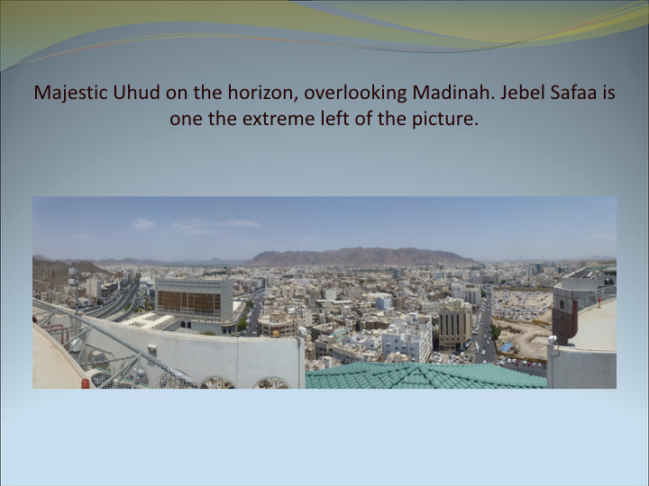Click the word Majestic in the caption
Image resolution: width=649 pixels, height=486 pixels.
70,92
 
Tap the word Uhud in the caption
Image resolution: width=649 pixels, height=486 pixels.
137,92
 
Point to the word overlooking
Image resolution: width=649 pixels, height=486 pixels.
355,93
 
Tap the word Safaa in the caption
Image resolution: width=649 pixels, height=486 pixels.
573,92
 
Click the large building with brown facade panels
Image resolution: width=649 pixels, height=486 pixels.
194,300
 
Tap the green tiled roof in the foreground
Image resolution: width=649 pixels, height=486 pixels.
425,375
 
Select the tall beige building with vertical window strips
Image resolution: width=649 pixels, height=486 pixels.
455,324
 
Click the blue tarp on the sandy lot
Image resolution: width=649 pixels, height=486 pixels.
506,347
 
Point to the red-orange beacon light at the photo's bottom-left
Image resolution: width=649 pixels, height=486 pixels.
86,383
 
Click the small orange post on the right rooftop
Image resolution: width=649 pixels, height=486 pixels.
599,302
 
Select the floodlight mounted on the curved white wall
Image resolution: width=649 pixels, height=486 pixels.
303,331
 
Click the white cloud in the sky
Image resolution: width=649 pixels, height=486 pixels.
142,223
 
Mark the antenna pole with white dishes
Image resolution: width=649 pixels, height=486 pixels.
75,289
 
